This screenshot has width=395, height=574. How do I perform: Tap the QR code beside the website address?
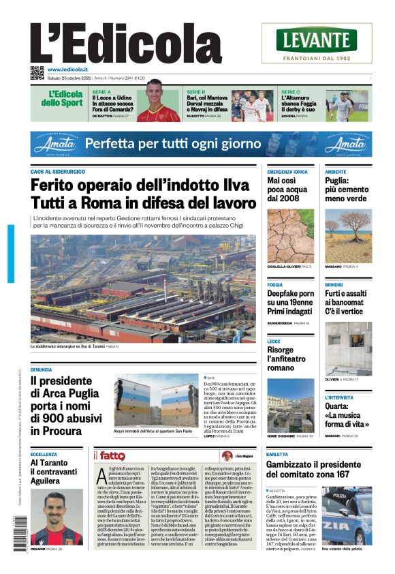coord(37,72)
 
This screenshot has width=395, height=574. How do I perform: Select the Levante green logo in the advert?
coord(316,40)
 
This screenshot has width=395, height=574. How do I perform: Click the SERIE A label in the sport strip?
coord(101,91)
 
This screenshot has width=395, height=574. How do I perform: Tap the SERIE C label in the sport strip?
coord(290,91)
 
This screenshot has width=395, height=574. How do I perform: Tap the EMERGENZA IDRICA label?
coord(287,171)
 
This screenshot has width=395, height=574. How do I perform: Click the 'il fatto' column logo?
coord(108,455)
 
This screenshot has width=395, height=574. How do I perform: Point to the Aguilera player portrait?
coord(57,517)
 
